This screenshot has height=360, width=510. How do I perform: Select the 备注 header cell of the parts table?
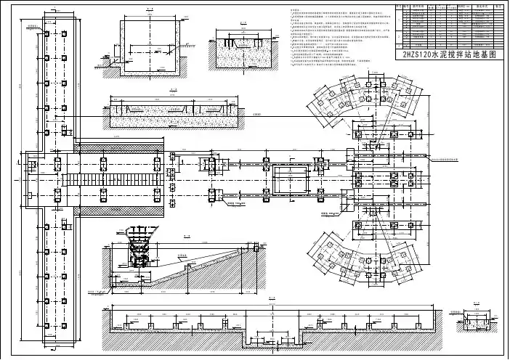coord(498,4)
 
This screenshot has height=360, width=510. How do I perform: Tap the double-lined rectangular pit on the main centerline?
coord(291,179)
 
